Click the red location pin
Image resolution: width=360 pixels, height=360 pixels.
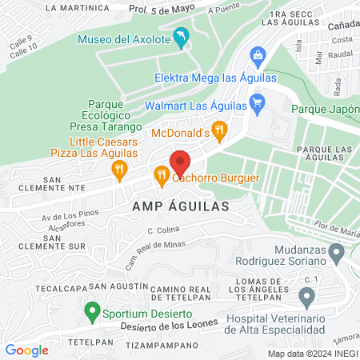click(x=181, y=162)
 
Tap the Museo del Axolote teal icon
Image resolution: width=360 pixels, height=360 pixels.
click(x=183, y=38)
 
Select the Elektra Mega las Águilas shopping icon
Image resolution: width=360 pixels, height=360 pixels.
click(x=258, y=55)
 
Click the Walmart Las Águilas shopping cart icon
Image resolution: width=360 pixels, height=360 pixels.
click(x=257, y=102)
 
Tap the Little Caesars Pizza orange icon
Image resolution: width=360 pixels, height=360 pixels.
click(x=119, y=168)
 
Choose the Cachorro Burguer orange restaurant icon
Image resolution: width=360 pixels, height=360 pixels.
click(x=162, y=173)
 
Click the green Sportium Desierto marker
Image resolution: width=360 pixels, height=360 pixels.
click(x=92, y=309)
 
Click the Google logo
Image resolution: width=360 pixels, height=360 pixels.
click(x=27, y=350)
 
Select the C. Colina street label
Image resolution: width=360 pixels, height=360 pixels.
click(x=162, y=232)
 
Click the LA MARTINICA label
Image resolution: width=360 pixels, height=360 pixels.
click(x=77, y=7)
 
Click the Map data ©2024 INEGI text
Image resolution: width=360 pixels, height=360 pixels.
click(x=312, y=353)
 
